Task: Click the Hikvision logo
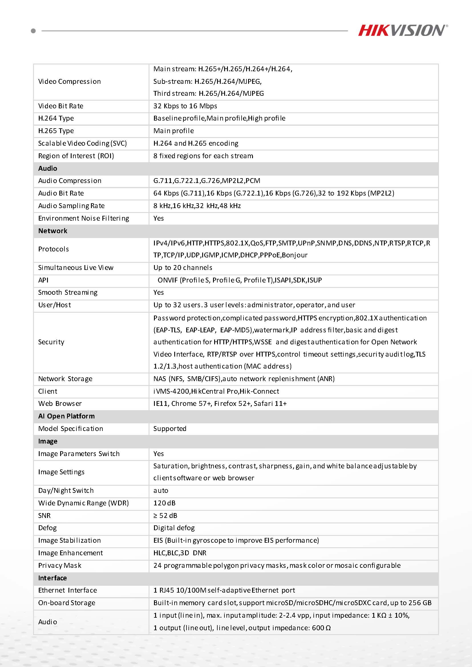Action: pos(402,30)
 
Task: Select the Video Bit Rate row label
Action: pos(61,106)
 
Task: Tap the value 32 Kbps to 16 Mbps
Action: pos(185,106)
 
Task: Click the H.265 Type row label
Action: pos(56,131)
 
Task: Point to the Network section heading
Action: pos(52,231)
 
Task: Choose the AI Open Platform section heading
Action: pos(66,416)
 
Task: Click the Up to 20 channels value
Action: pos(183,268)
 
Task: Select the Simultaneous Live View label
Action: pos(76,268)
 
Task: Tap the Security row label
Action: pos(51,342)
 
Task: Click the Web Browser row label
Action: pos(60,404)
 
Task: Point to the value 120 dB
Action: pos(165,503)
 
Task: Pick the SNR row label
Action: pos(44,515)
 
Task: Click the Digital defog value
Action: pos(174,528)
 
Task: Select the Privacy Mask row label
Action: pos(60,565)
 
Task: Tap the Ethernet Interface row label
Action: pos(67,590)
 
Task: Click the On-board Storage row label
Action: pos(66,603)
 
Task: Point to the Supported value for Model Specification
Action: pos(170,428)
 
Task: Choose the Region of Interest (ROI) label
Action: pos(76,156)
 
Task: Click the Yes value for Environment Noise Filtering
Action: pos(158,218)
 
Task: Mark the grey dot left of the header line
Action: pos(33,30)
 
